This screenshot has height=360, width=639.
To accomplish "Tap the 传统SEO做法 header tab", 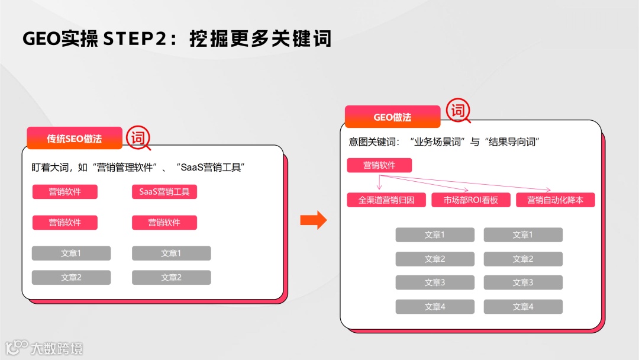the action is coord(75,139).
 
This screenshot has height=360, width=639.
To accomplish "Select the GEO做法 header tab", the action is coord(392,117).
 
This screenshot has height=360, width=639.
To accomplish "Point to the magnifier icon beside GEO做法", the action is coord(458,111).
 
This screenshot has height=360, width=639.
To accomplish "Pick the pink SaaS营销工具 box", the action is coord(164,192).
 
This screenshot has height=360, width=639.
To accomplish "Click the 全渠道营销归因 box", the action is coord(386,200).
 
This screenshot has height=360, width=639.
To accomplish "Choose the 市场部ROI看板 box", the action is coord(471,200).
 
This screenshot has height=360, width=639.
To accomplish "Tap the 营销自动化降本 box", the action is coord(555,200).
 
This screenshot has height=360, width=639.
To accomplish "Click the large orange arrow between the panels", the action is coord(314,220).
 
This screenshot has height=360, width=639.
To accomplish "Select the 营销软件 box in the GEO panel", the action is coord(379,166).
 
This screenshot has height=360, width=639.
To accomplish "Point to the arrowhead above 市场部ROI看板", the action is coord(466,190).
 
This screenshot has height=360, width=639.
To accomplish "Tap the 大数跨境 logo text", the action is coord(57,348).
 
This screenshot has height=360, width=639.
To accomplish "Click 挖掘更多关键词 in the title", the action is coord(260,38).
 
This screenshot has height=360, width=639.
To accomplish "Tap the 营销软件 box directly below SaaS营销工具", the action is coord(164,223).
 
